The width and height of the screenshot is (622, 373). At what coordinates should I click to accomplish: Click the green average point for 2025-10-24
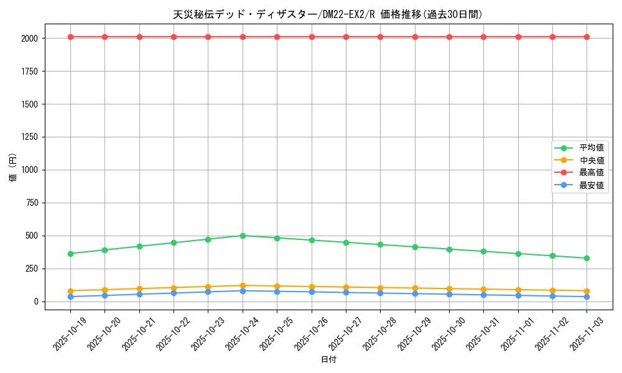click(243, 236)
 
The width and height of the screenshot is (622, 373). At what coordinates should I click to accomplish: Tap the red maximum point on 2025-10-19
click(70, 37)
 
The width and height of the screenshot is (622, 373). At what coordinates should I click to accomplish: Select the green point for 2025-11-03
click(587, 258)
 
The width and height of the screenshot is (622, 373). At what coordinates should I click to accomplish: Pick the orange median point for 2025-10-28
click(380, 288)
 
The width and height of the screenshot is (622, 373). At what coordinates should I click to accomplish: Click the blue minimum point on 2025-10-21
click(139, 294)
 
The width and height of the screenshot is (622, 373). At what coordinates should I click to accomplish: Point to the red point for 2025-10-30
click(449, 37)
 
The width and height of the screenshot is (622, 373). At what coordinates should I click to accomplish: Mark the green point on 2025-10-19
click(70, 254)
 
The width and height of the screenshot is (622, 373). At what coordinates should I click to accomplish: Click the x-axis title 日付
click(328, 360)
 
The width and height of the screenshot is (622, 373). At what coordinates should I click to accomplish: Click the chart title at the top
click(328, 14)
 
